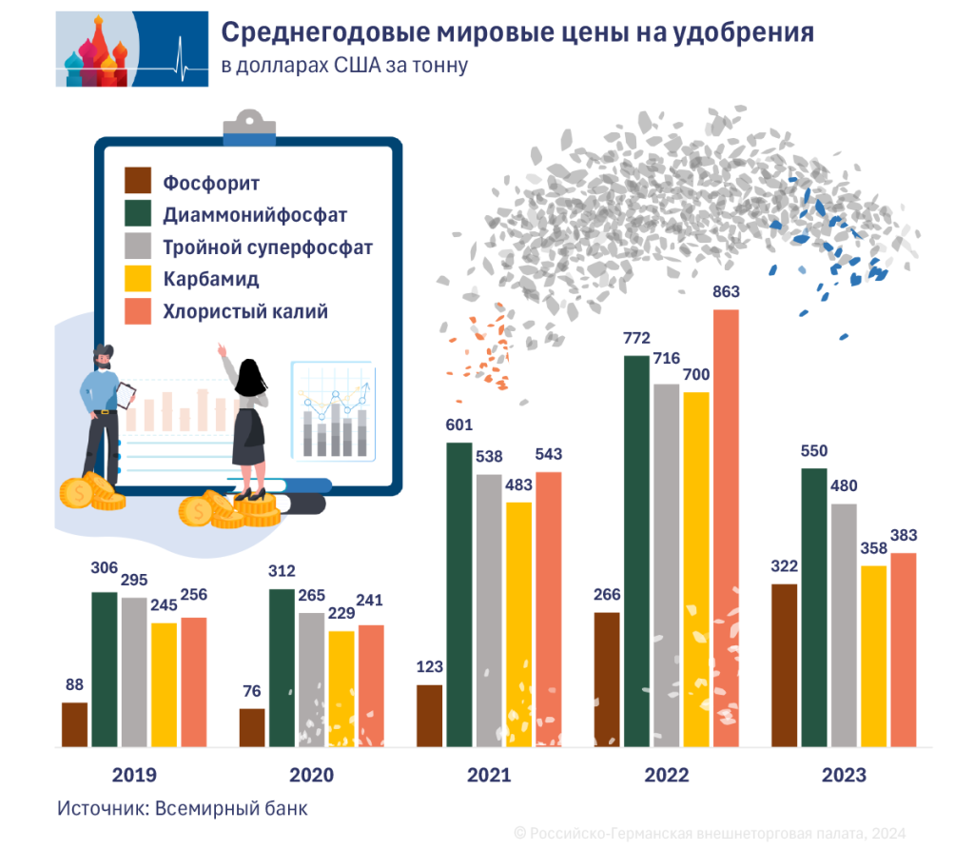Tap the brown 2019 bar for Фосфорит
(74, 724)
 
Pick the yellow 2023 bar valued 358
(873, 657)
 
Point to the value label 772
(636, 338)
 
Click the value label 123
(430, 666)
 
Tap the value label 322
(784, 566)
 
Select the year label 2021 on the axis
(489, 776)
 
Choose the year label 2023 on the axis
(844, 776)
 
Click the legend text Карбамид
(210, 280)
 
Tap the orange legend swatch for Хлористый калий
(139, 311)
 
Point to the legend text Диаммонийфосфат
(255, 215)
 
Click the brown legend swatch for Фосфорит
(139, 182)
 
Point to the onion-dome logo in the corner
(95, 49)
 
